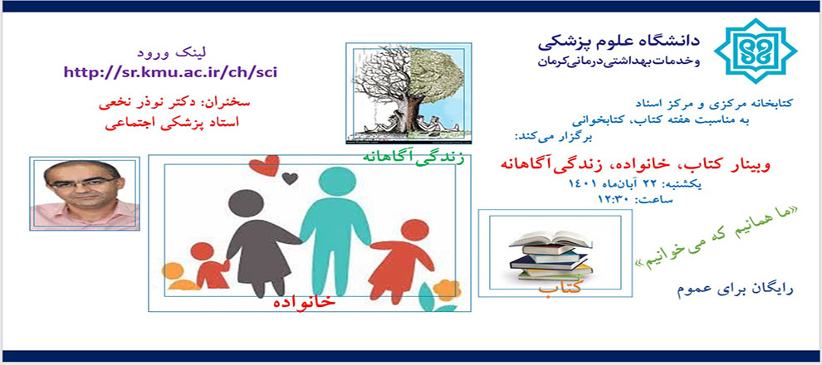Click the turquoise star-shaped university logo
[756, 51]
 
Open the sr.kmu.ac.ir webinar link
[170, 72]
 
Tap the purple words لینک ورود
[173, 52]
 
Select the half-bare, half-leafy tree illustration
[409, 93]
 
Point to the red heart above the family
[264, 165]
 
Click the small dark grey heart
[290, 178]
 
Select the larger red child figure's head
[414, 230]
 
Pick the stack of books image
[550, 255]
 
